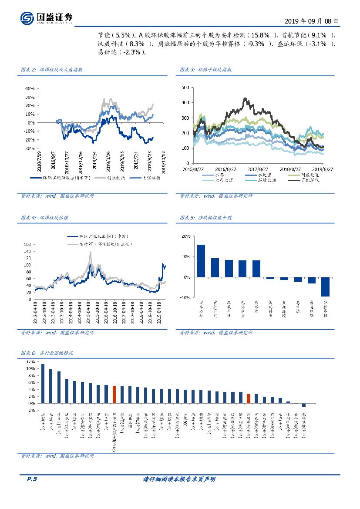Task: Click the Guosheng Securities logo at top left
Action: coord(46,18)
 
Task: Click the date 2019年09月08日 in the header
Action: coord(311,20)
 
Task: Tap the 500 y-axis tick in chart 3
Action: coord(185,88)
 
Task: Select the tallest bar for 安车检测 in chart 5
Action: coord(201,260)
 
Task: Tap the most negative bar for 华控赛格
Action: coord(325,287)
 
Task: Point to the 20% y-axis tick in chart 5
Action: coord(185,236)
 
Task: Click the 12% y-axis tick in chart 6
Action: coord(30,362)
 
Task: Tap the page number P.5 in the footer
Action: coord(32,479)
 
